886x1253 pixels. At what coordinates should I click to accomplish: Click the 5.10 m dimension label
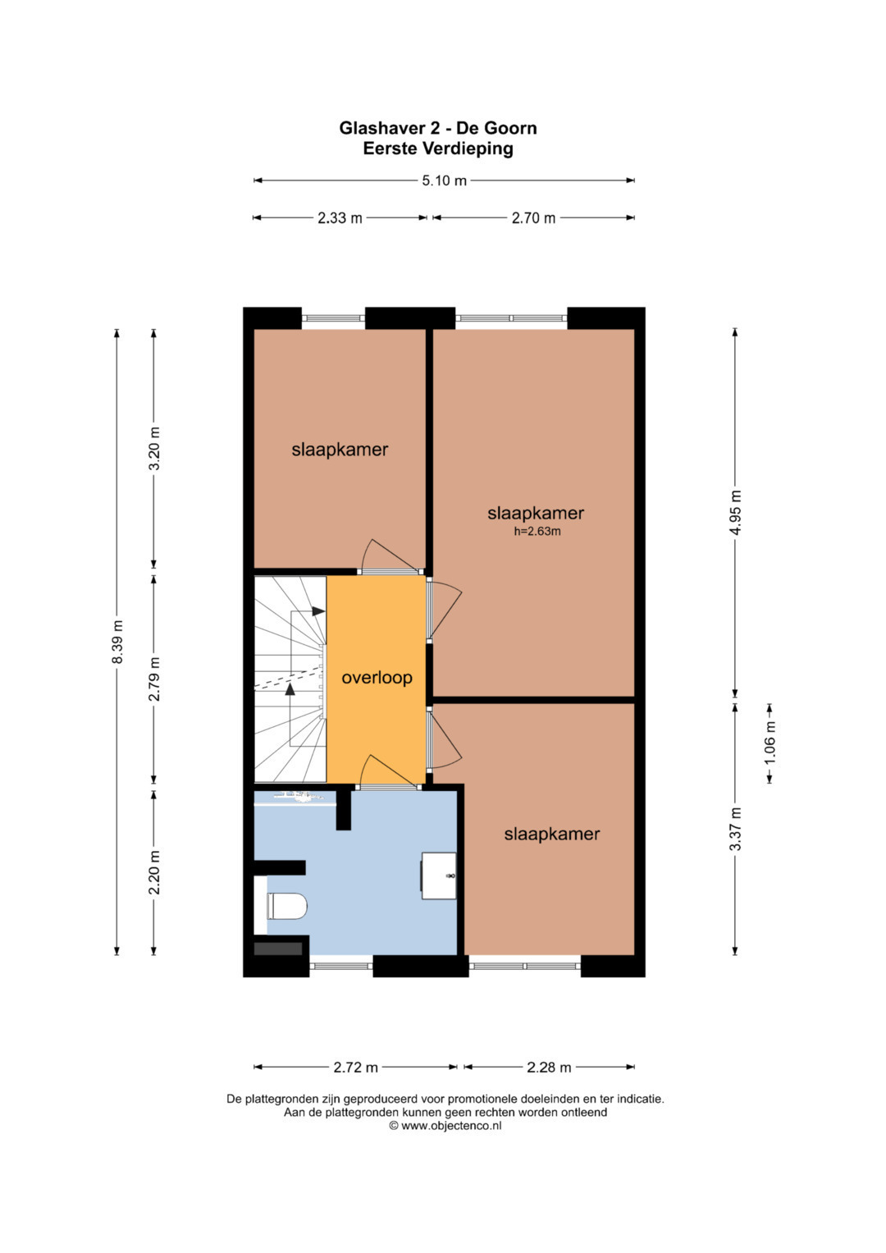(x=444, y=181)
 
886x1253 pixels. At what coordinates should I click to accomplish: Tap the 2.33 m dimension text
(x=340, y=218)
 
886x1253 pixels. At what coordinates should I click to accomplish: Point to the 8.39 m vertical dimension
(x=116, y=642)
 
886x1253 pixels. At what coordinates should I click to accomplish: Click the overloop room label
(x=377, y=678)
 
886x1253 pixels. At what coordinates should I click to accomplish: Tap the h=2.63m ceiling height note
(x=537, y=532)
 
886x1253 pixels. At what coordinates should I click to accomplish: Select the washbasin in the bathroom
(x=439, y=876)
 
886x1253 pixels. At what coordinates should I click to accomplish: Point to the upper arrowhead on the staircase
(x=318, y=611)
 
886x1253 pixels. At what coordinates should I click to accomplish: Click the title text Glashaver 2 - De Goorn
(x=438, y=128)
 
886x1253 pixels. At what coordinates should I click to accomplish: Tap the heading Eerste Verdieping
(x=438, y=149)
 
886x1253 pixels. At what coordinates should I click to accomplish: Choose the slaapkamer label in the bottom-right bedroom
(x=551, y=834)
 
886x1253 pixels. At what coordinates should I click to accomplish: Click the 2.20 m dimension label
(x=154, y=872)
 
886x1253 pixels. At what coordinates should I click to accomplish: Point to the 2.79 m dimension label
(x=154, y=679)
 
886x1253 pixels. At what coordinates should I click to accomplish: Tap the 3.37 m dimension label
(x=736, y=829)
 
